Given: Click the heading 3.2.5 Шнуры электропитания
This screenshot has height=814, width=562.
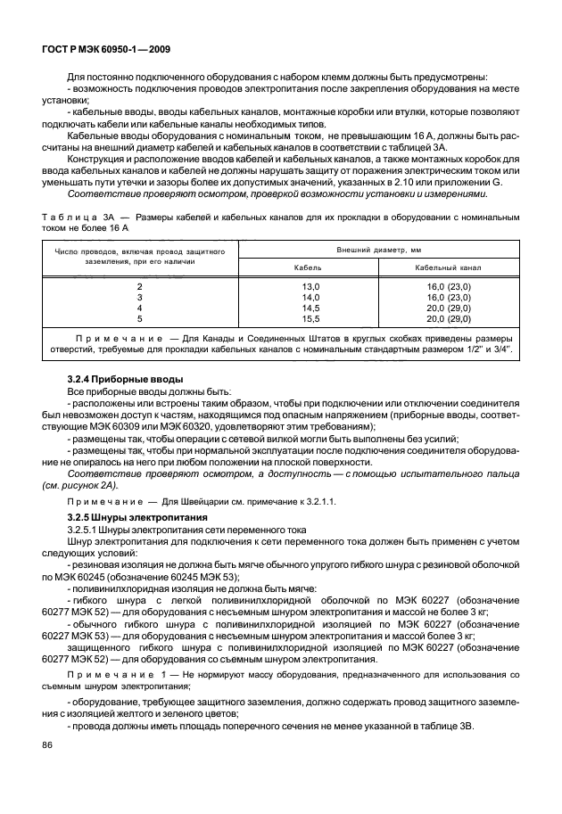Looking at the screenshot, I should tap(137, 517).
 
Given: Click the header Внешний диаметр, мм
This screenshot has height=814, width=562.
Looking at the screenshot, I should tap(378, 251).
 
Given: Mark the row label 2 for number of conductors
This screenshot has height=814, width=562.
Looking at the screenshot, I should tap(139, 285).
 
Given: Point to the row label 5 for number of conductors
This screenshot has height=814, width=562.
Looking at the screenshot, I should tap(139, 317).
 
